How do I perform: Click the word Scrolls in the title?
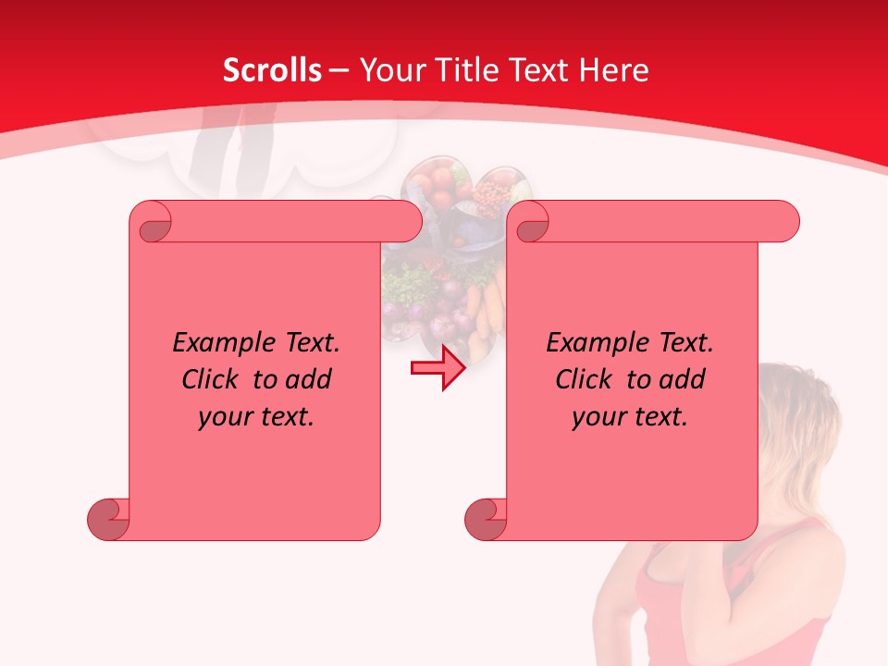[272, 70]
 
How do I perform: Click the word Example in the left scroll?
[216, 343]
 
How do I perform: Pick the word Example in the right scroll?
[589, 343]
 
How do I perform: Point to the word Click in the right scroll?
[583, 379]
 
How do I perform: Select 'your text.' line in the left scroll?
[256, 416]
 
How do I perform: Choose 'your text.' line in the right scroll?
[630, 416]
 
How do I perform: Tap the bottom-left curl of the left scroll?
[107, 519]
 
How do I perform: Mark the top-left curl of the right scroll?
[530, 223]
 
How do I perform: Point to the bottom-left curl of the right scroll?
[485, 519]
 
